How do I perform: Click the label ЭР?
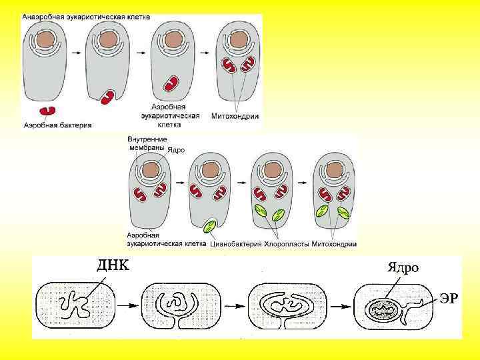(448, 298)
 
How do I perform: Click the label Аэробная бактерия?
(57, 124)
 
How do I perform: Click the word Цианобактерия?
(237, 244)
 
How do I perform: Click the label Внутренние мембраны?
(145, 143)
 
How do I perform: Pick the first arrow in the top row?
(76, 51)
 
